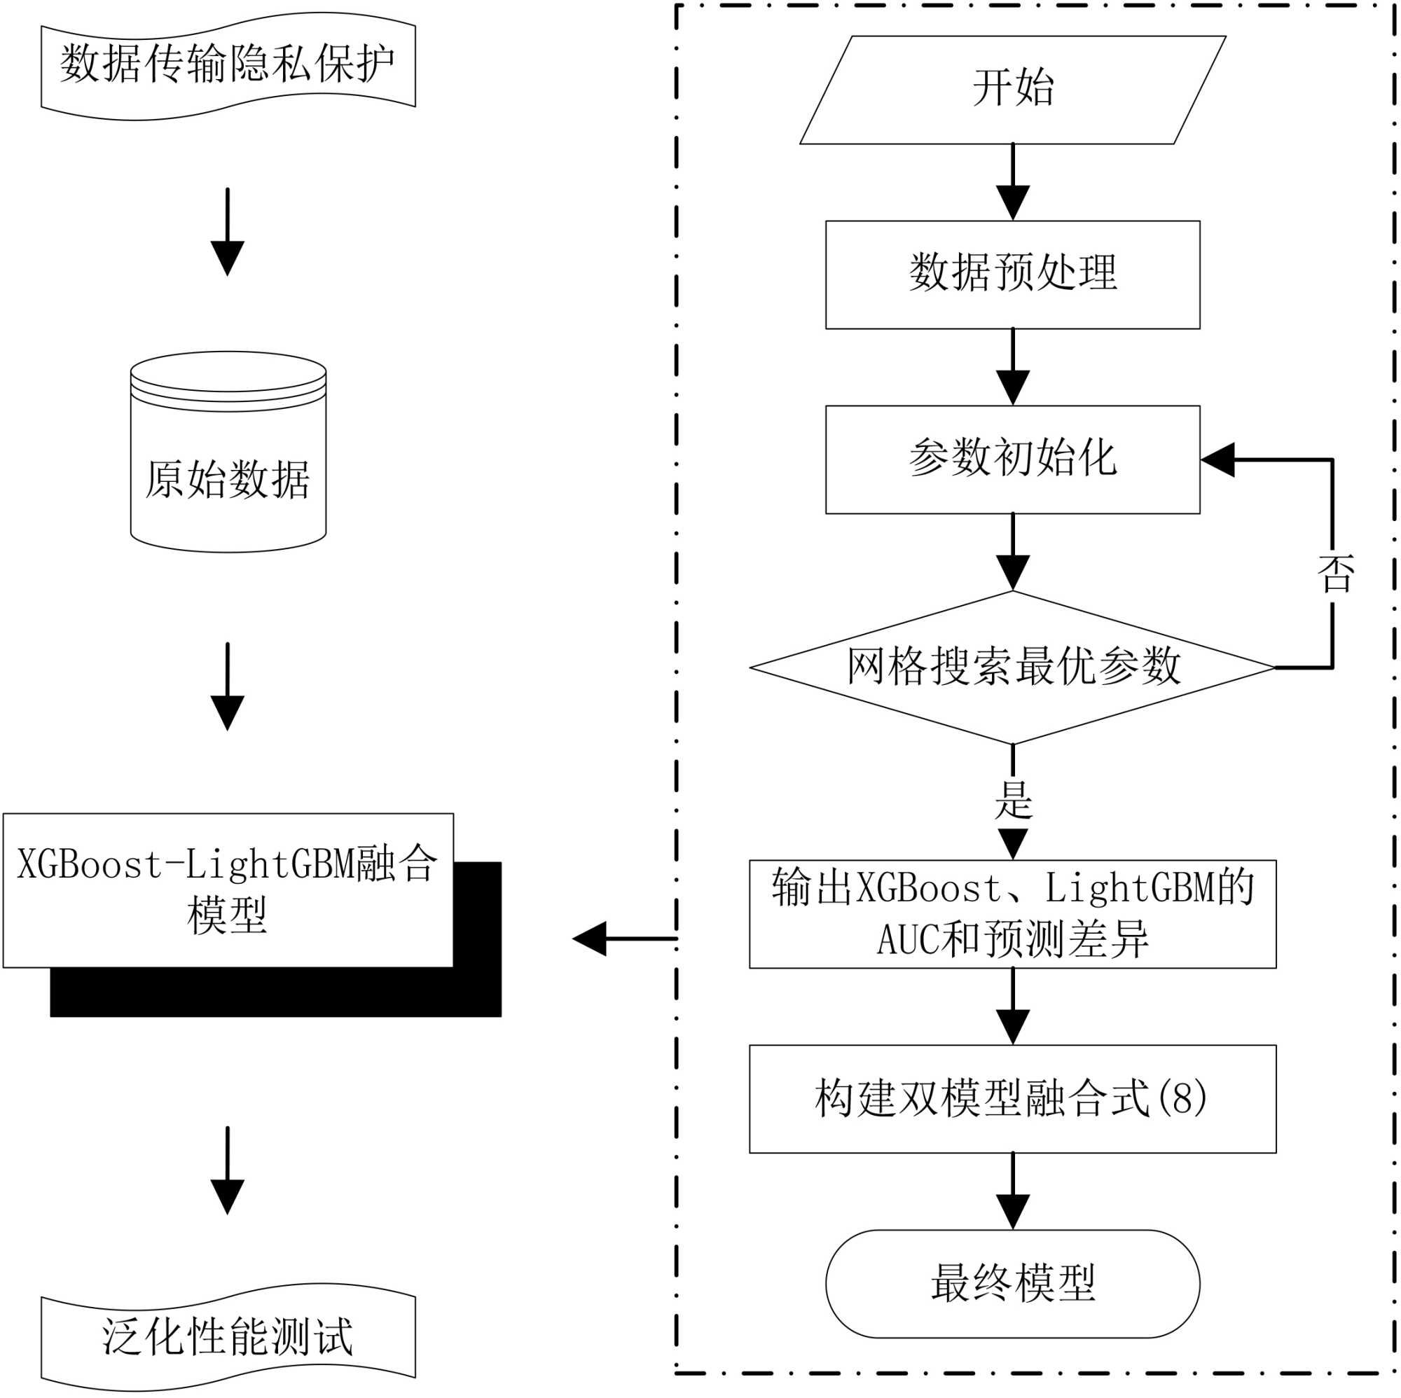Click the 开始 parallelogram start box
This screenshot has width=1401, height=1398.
(1012, 90)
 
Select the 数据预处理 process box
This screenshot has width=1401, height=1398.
(1012, 275)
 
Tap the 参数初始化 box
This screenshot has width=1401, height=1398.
(1012, 459)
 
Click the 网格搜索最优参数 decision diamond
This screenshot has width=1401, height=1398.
(1012, 667)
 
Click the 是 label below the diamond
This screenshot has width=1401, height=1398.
(1012, 800)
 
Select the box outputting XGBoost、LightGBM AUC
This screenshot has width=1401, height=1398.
(1012, 913)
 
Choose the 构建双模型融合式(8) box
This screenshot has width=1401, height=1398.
(1012, 1098)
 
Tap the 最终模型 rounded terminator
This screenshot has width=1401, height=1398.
(1012, 1283)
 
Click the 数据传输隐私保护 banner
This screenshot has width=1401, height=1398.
(228, 65)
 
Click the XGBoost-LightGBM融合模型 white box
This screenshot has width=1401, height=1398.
(228, 890)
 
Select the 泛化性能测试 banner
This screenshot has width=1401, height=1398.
(228, 1336)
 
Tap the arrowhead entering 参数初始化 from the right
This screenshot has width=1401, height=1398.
(1218, 459)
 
